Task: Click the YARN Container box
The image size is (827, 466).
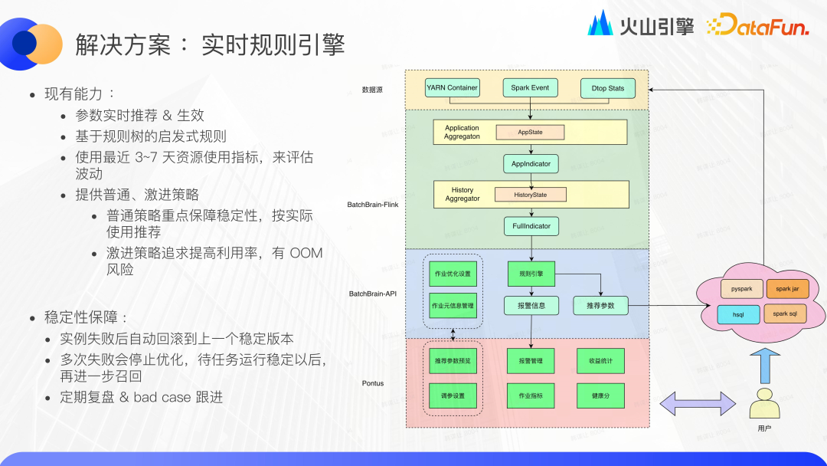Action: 452,88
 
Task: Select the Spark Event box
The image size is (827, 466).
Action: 530,88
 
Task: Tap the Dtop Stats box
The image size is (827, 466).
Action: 608,88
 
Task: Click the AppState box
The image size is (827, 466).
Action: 530,133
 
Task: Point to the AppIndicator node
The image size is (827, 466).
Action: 531,163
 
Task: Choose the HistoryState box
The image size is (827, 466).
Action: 530,195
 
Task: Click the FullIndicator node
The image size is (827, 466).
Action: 531,226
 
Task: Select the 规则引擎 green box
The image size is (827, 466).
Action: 531,274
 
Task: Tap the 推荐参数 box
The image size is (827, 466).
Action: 600,306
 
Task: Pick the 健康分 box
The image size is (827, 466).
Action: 600,395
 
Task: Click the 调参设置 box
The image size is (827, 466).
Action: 453,395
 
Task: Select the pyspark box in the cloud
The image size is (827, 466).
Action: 741,290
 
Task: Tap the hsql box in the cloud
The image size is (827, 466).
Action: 738,314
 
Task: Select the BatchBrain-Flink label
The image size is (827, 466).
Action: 373,205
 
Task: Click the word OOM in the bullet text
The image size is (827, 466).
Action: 306,253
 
